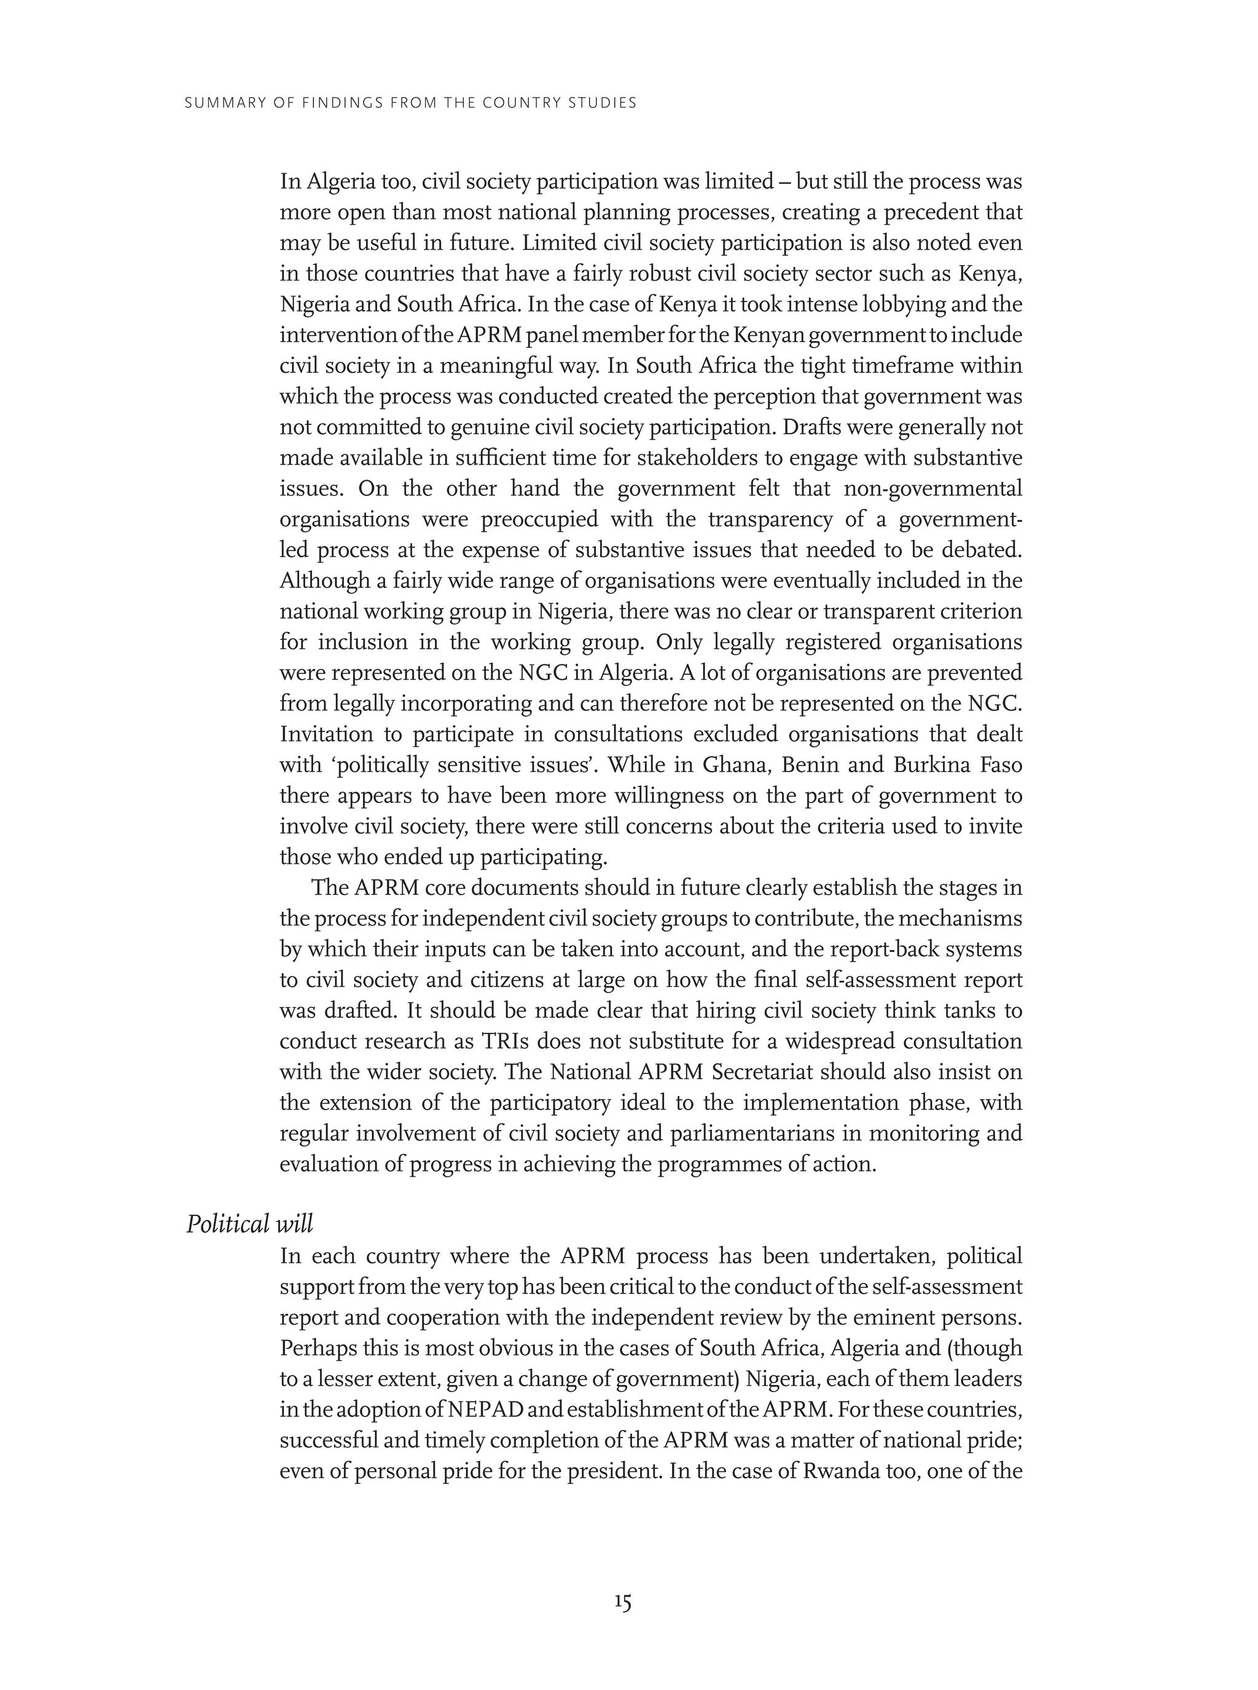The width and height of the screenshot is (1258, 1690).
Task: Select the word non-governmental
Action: [933, 488]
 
